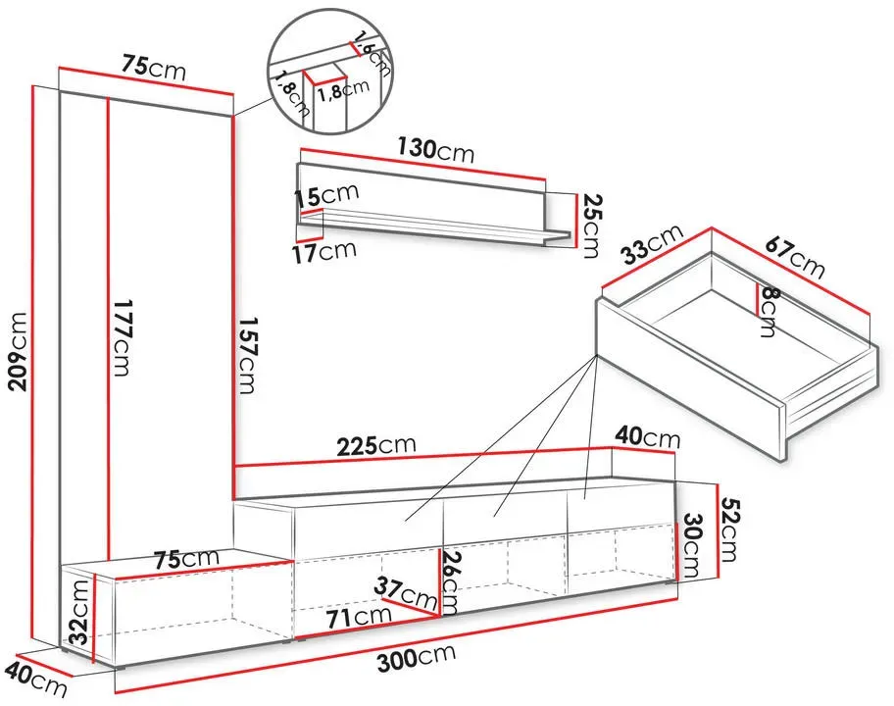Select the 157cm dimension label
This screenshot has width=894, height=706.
coord(247,355)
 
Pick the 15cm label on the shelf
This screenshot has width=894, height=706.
coord(326,195)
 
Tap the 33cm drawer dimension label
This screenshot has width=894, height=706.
coord(652,244)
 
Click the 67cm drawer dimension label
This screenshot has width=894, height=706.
coord(795,257)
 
